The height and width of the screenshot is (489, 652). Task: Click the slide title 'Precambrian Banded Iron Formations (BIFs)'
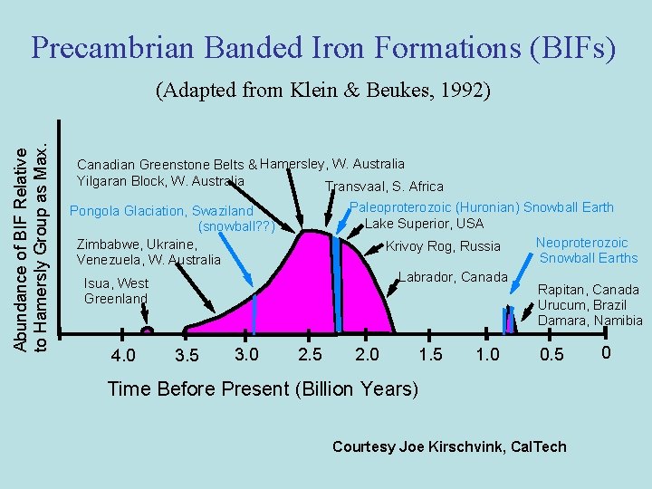[324, 47]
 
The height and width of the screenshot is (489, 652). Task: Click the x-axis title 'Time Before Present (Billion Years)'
[263, 389]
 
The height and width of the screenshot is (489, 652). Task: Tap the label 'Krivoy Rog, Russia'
[443, 246]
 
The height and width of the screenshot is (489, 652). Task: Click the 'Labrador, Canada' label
[453, 276]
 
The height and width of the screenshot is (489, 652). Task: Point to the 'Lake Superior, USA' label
[424, 224]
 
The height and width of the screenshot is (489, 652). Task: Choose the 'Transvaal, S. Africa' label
[384, 187]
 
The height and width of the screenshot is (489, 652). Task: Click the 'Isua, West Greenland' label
[116, 291]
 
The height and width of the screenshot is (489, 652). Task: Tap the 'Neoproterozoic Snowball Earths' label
[587, 250]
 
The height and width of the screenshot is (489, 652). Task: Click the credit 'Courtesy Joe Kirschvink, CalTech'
[449, 446]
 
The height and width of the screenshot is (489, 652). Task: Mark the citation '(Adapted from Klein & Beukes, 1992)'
[323, 91]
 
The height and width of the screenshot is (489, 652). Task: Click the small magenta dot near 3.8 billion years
[148, 331]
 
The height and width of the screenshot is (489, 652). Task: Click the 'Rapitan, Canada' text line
[589, 290]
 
